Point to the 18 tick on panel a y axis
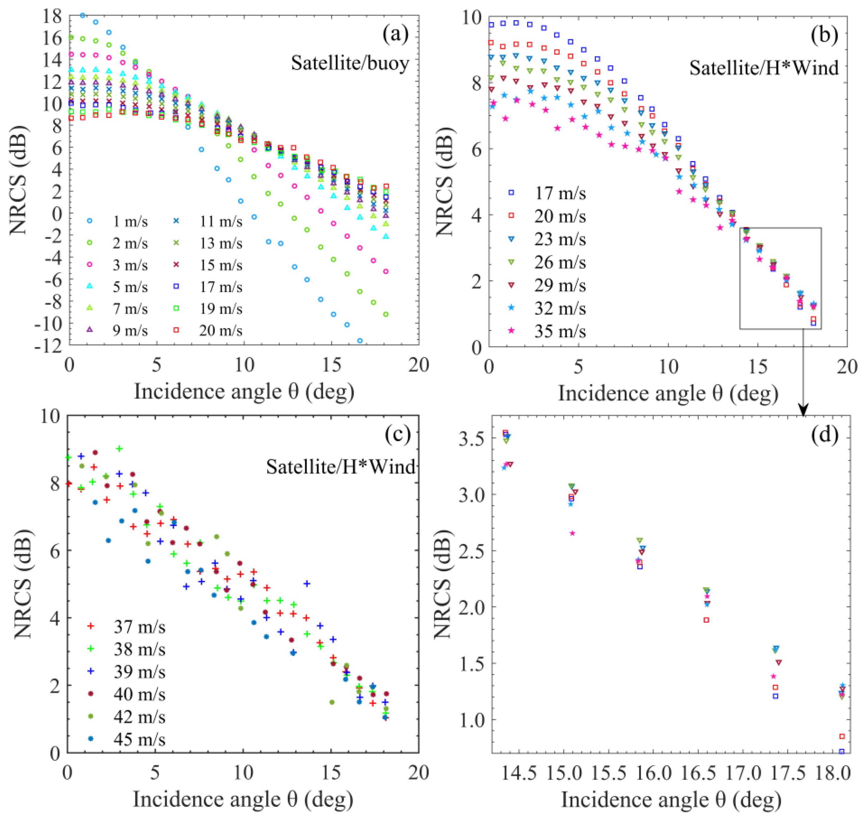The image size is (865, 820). click(x=52, y=16)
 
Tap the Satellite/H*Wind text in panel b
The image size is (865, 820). click(x=764, y=68)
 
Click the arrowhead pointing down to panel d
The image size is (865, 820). click(x=803, y=410)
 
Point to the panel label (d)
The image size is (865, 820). click(x=824, y=435)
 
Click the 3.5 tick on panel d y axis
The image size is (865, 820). click(x=472, y=439)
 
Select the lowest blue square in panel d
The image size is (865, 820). click(x=841, y=752)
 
